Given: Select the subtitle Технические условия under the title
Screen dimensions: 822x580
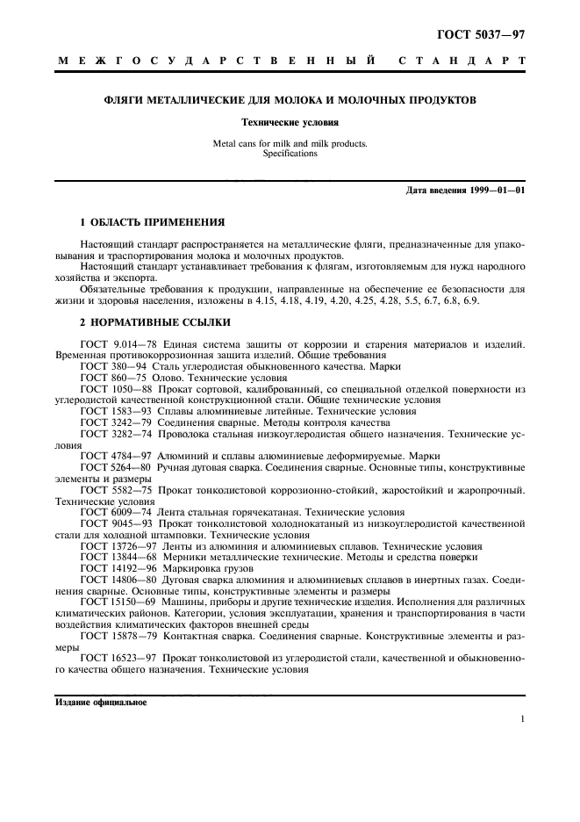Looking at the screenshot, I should (x=290, y=123).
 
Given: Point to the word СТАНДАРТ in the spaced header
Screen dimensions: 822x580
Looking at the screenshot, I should (x=461, y=61).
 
